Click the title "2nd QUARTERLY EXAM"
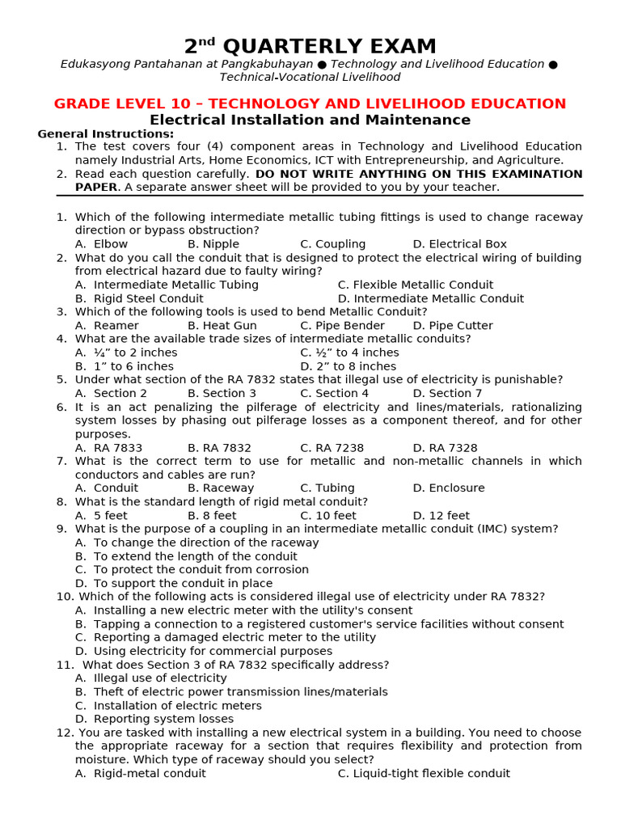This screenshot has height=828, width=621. (x=310, y=46)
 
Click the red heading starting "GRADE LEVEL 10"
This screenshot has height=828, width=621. (x=310, y=103)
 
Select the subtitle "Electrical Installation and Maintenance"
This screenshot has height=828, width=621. (x=310, y=120)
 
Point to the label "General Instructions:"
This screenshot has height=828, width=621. (x=105, y=133)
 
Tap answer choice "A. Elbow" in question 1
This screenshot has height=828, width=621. (x=101, y=244)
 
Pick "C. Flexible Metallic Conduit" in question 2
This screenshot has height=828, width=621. (x=415, y=285)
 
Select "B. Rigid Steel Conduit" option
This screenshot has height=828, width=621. (x=139, y=298)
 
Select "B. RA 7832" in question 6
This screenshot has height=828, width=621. (x=219, y=448)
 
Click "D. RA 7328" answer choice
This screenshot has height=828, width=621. (x=445, y=448)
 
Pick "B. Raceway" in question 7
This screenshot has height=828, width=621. (x=221, y=488)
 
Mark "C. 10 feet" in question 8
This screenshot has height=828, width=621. (x=327, y=516)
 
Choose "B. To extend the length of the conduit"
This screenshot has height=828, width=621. (x=186, y=556)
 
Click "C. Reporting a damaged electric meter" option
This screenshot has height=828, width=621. (x=225, y=637)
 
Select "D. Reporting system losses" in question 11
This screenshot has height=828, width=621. (x=154, y=719)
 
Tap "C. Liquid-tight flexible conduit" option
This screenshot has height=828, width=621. (x=424, y=774)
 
